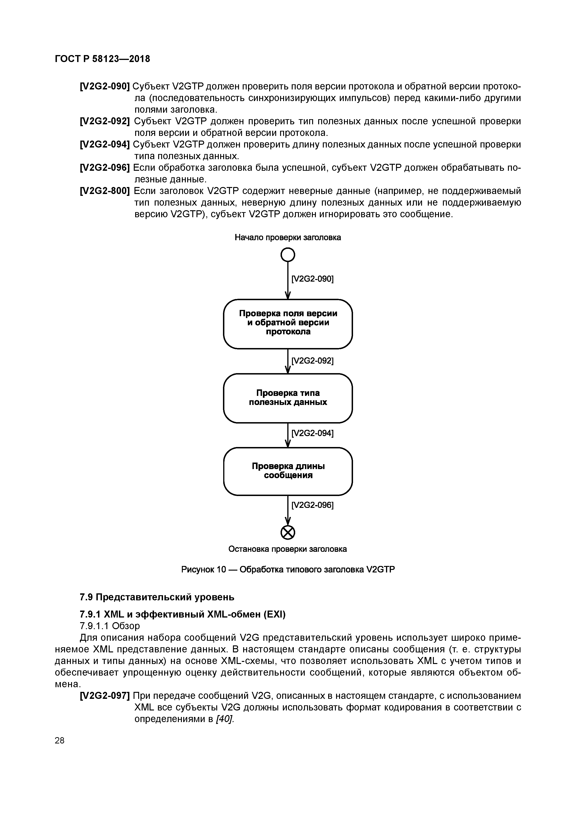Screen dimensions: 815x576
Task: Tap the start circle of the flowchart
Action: point(288,254)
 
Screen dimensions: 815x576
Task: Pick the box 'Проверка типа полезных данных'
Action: point(288,398)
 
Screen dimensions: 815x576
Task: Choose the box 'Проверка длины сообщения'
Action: point(288,471)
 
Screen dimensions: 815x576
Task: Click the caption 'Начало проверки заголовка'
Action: point(288,237)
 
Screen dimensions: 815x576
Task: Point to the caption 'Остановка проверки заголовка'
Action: point(288,549)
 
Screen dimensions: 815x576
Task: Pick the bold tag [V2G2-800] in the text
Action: point(105,191)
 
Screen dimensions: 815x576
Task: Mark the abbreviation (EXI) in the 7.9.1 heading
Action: point(274,615)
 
